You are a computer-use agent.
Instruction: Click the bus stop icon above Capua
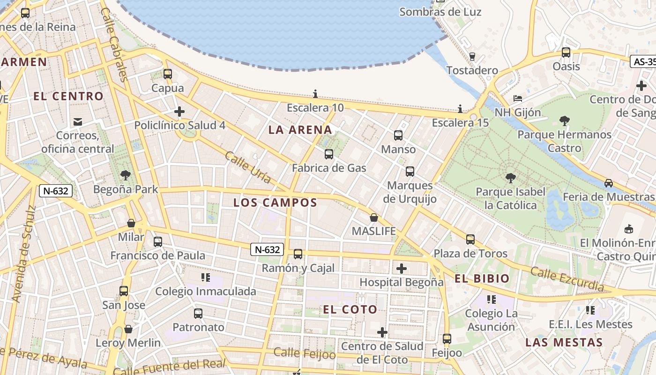pyautogui.click(x=168, y=74)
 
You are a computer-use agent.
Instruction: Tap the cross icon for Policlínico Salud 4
pyautogui.click(x=179, y=112)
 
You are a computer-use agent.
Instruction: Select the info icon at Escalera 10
pyautogui.click(x=315, y=94)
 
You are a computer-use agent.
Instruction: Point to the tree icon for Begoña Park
pyautogui.click(x=125, y=176)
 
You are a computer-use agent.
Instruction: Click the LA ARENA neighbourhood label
pyautogui.click(x=300, y=130)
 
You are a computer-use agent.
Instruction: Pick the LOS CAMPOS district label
pyautogui.click(x=275, y=202)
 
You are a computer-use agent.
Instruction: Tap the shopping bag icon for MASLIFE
pyautogui.click(x=374, y=217)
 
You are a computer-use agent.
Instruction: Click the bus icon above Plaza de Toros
pyautogui.click(x=470, y=240)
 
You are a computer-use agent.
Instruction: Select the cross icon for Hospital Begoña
pyautogui.click(x=402, y=269)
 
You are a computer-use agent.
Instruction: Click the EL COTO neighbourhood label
pyautogui.click(x=350, y=309)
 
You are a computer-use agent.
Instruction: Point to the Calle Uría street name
pyautogui.click(x=248, y=167)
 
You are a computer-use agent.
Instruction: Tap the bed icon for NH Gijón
pyautogui.click(x=518, y=98)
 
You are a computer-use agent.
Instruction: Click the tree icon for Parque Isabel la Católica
pyautogui.click(x=511, y=178)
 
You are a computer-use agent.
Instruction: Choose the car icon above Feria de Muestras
pyautogui.click(x=608, y=183)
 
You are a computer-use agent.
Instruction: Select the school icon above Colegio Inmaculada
pyautogui.click(x=205, y=277)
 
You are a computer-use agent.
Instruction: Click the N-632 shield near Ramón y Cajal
pyautogui.click(x=267, y=249)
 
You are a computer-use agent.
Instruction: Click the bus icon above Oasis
pyautogui.click(x=566, y=52)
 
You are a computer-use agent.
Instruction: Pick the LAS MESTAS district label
pyautogui.click(x=564, y=342)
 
